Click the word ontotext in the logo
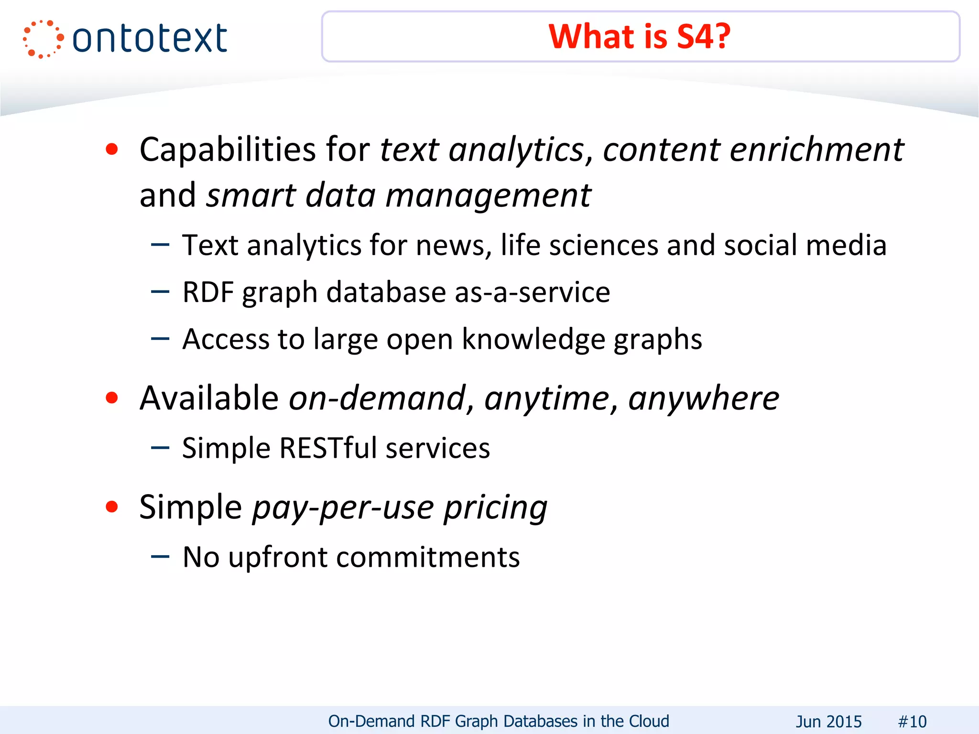click(150, 38)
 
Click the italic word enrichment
click(816, 150)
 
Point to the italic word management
click(488, 195)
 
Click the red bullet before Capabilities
click(112, 150)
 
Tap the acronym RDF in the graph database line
click(208, 292)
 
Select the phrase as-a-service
click(532, 292)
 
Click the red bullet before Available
click(112, 398)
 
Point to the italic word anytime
click(546, 398)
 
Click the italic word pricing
click(495, 507)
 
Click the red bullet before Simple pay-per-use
click(112, 507)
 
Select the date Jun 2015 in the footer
click(828, 721)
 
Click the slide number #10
click(912, 721)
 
